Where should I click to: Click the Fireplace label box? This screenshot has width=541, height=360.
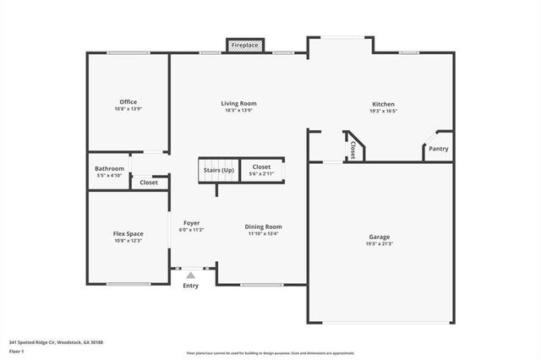[246, 44]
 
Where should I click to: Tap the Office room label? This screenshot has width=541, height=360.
[128, 102]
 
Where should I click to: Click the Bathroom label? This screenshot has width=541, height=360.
[110, 168]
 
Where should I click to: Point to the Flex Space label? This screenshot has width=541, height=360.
[128, 233]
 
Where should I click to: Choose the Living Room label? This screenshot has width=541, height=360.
[239, 103]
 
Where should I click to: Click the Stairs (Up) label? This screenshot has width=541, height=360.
[219, 170]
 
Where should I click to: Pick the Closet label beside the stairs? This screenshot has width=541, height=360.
[262, 167]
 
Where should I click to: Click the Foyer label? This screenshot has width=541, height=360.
[191, 222]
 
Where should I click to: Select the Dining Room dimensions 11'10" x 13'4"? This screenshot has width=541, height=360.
[264, 234]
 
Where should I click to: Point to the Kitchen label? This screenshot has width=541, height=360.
[383, 103]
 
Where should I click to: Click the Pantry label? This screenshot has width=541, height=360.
[438, 150]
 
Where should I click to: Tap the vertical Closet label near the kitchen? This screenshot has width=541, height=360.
[352, 149]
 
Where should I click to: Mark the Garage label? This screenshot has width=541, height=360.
[380, 237]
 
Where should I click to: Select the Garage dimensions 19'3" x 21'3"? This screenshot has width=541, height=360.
[380, 244]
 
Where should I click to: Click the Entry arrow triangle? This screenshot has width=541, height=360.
[191, 274]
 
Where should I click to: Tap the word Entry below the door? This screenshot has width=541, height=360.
[191, 286]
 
